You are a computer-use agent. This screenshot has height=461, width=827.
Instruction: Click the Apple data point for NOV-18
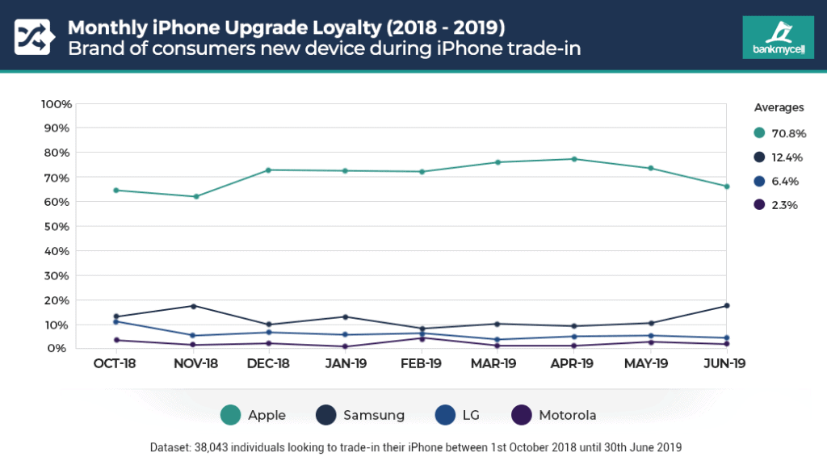(195, 196)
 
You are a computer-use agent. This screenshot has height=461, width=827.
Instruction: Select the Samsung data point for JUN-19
(727, 305)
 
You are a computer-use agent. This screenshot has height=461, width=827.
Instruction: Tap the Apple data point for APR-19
(574, 159)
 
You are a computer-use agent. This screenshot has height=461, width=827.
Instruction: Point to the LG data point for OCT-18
(116, 321)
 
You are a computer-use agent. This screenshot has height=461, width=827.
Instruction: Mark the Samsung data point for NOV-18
(193, 306)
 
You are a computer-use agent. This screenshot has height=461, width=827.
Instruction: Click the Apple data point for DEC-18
(269, 170)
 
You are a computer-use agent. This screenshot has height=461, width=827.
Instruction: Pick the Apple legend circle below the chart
(230, 415)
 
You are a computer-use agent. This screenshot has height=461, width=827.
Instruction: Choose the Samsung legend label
(373, 415)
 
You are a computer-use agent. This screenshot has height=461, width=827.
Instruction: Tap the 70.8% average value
(789, 133)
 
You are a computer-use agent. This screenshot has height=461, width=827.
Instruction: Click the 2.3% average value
(784, 205)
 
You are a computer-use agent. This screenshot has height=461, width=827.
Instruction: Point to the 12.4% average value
(788, 157)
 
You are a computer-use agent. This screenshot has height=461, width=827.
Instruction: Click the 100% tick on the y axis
(57, 104)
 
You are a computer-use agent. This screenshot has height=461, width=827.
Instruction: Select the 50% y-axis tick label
(59, 226)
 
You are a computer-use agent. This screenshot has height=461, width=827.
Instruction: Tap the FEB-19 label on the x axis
(422, 363)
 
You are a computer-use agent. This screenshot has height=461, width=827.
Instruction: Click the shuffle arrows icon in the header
(32, 36)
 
